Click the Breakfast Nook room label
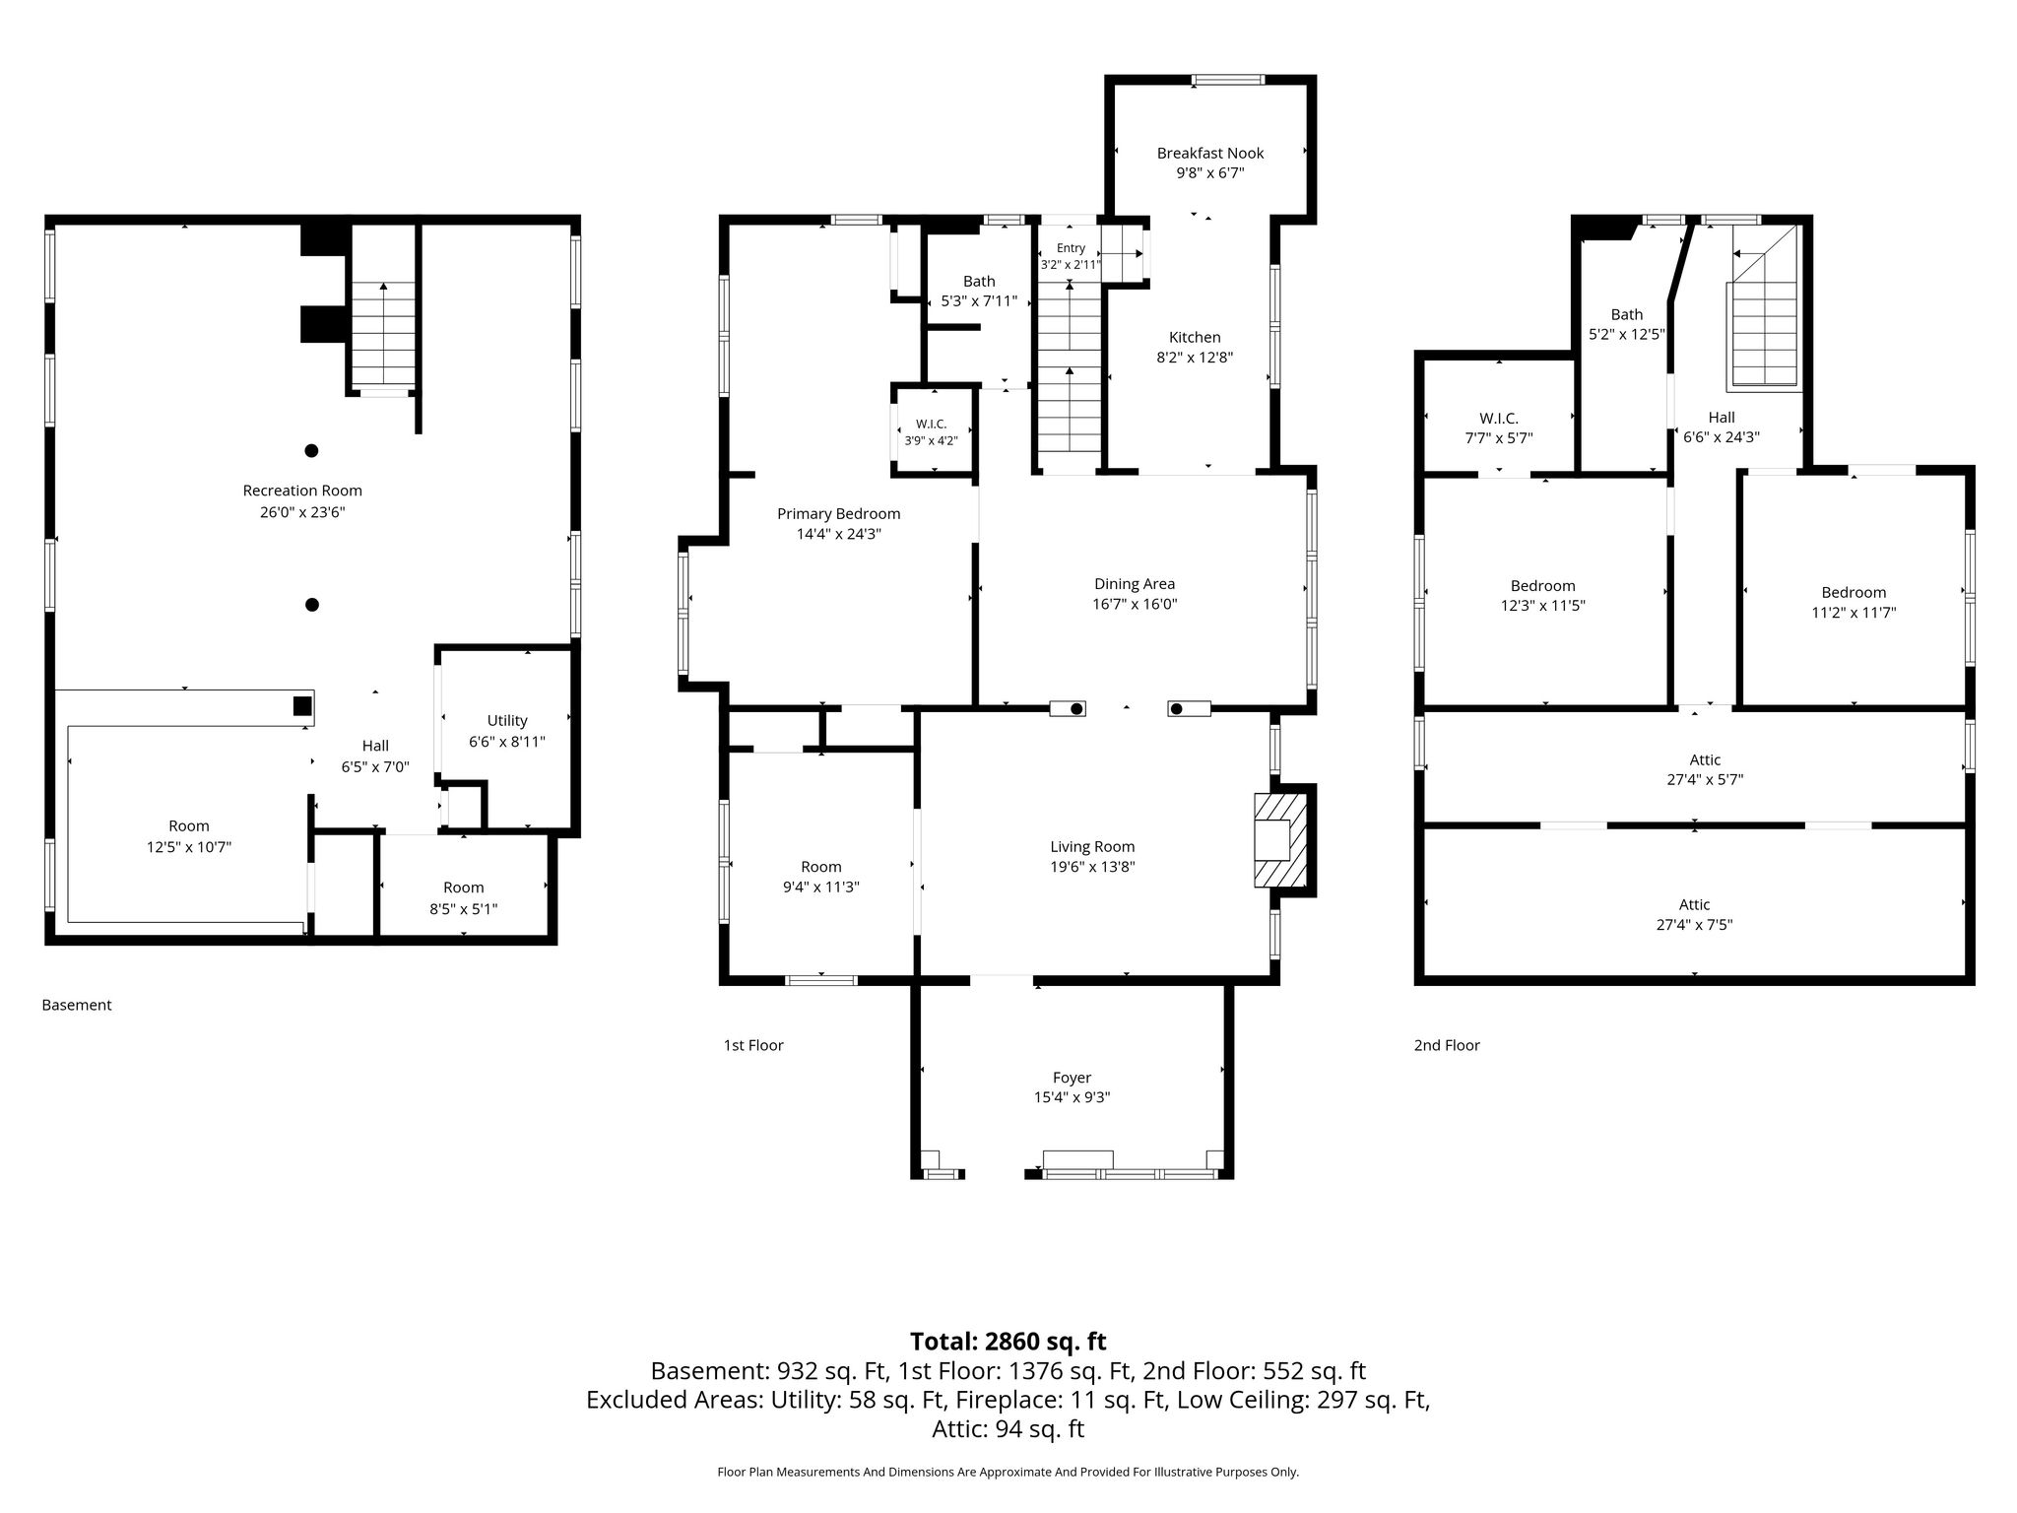click(x=1209, y=153)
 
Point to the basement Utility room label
click(x=507, y=720)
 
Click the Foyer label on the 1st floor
click(x=1072, y=1078)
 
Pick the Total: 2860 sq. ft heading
click(x=1008, y=1342)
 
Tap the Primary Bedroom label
click(x=838, y=513)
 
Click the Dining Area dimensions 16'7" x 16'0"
click(x=1135, y=604)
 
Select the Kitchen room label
click(x=1195, y=337)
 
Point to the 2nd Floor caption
click(x=1447, y=1045)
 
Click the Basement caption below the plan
click(x=77, y=1005)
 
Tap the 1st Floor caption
click(x=753, y=1045)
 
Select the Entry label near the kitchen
click(x=1071, y=248)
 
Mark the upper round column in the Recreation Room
click(x=311, y=451)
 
